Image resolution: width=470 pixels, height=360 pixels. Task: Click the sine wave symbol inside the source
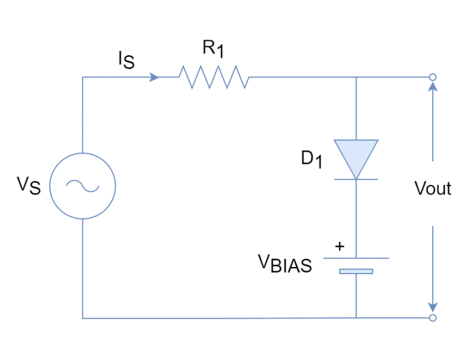pos(83,186)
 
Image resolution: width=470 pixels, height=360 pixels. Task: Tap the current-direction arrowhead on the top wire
pos(155,77)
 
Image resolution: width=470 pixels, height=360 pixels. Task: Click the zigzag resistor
pos(214,77)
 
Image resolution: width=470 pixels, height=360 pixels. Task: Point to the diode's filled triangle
pos(356,155)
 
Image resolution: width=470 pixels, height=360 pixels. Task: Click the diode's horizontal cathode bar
pos(356,179)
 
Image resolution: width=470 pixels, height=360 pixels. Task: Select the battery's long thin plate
pos(356,258)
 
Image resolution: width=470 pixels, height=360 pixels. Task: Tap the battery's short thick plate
pos(356,271)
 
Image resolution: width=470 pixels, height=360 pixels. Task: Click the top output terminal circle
pos(432,77)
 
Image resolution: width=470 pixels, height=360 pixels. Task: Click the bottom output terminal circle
pos(432,318)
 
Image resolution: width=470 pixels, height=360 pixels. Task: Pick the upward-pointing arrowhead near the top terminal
pos(432,87)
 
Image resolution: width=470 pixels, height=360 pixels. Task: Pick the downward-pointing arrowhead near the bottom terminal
pos(432,307)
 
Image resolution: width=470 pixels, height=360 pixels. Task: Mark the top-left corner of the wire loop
pos(83,77)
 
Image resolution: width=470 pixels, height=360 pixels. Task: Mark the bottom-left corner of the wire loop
pos(83,318)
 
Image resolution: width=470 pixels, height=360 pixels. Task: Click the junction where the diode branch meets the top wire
pos(356,77)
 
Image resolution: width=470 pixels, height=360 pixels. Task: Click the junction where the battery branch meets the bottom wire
pos(356,318)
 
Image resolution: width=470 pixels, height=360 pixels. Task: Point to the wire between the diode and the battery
pos(356,219)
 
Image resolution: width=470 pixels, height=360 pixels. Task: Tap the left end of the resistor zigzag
pos(179,77)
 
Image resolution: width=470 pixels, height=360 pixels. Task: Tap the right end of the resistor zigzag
pos(249,77)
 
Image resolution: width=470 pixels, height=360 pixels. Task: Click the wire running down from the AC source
pos(83,270)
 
